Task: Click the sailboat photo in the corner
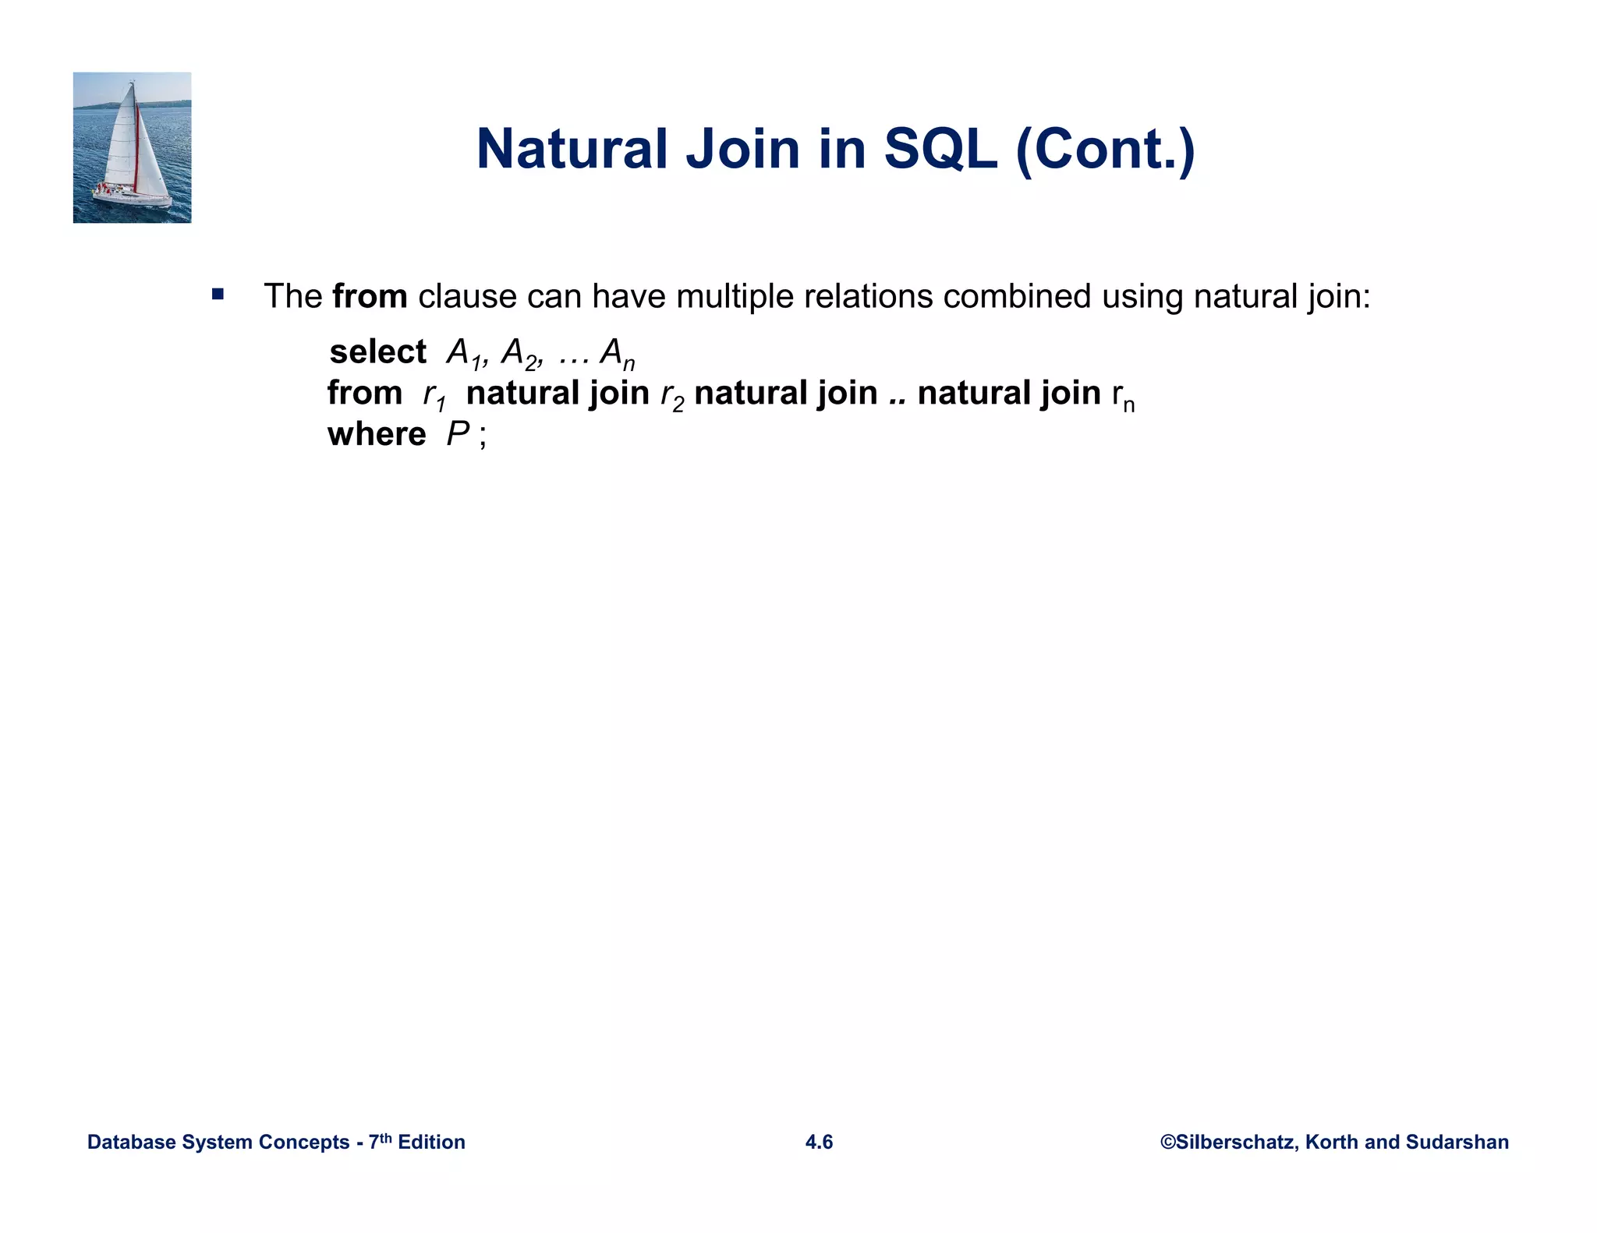(x=132, y=147)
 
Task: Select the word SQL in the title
(x=940, y=149)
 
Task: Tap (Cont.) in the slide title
(x=1105, y=149)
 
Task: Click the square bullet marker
(x=218, y=295)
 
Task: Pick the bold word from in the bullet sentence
(x=369, y=297)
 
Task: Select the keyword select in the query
(x=377, y=352)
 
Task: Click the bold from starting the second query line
(x=364, y=393)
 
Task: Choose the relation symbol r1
(x=434, y=396)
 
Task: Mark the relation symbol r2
(x=671, y=396)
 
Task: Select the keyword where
(x=377, y=434)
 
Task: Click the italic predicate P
(x=457, y=434)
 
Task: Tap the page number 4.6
(x=819, y=1142)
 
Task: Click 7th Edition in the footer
(x=416, y=1142)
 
